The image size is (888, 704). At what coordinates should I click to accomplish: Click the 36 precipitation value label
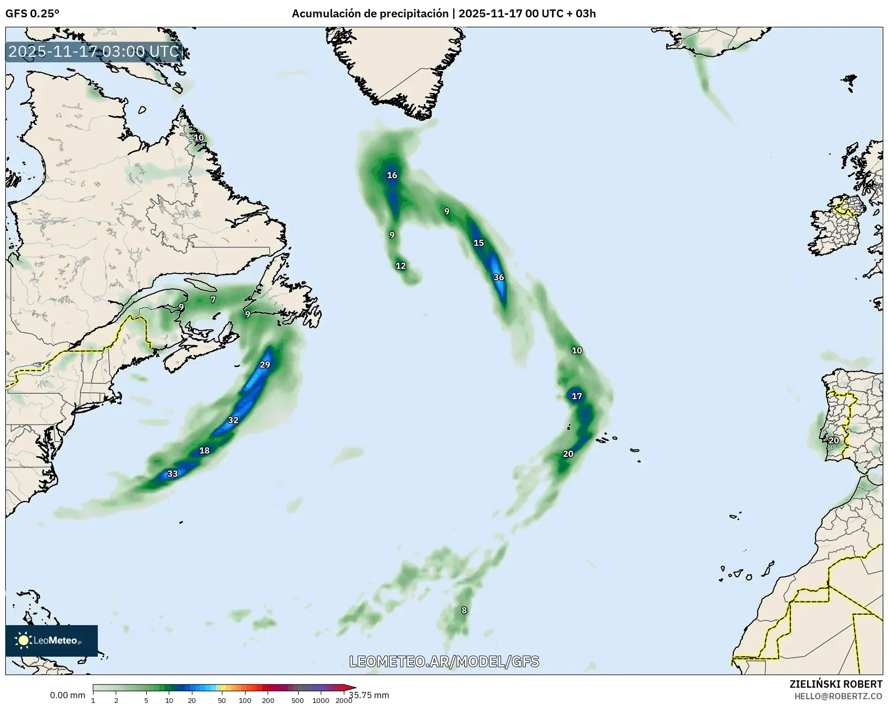498,277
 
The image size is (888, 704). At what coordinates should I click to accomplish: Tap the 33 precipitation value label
172,474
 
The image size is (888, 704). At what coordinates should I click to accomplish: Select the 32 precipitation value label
233,420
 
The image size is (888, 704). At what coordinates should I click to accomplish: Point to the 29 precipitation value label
265,365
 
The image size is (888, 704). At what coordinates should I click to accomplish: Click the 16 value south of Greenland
392,175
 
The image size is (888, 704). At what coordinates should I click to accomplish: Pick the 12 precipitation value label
401,266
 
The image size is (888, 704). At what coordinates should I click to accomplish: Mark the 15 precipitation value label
478,243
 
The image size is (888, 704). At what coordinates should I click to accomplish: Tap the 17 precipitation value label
577,396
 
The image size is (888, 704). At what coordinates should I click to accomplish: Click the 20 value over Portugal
834,441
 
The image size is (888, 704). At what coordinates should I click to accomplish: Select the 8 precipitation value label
464,610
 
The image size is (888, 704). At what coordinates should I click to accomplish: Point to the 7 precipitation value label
213,300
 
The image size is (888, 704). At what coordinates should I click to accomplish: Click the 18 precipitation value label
205,451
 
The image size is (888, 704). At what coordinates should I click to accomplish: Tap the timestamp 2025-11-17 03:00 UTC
94,52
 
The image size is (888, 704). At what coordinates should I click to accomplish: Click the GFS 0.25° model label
33,14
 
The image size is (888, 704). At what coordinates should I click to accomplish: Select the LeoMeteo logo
52,640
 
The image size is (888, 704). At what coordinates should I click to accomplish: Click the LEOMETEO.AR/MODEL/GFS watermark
444,661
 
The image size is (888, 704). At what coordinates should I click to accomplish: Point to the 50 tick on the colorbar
221,700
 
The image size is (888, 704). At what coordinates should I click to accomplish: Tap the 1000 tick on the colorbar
321,700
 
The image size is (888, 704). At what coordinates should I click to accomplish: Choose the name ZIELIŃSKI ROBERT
836,684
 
